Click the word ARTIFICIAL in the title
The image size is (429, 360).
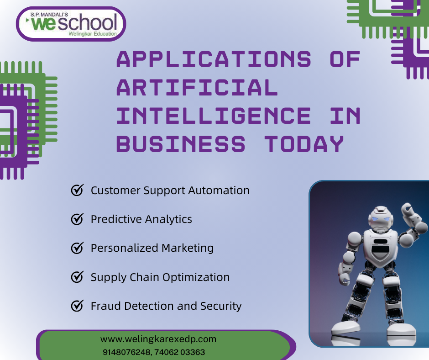197,87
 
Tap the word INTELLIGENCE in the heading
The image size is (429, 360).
214,116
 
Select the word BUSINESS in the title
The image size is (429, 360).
181,144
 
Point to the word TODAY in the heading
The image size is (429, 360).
304,144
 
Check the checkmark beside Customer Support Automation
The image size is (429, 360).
77,190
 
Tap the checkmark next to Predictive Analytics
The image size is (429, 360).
77,219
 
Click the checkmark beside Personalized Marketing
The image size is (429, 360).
77,248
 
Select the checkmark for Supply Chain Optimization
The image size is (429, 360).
77,277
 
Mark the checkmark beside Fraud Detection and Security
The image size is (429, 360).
77,306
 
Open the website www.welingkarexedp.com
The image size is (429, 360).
158,339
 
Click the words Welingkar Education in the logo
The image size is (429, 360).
92,34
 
